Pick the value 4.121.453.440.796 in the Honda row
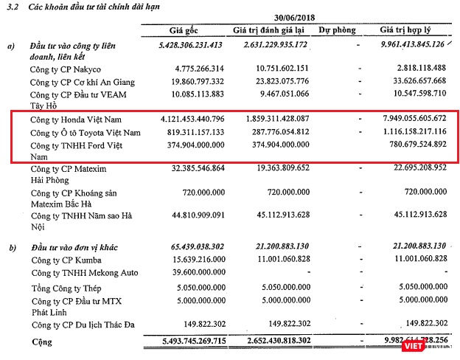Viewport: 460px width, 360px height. click(181, 118)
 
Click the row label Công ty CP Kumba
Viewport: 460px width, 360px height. click(66, 260)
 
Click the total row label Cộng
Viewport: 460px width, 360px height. click(42, 342)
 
